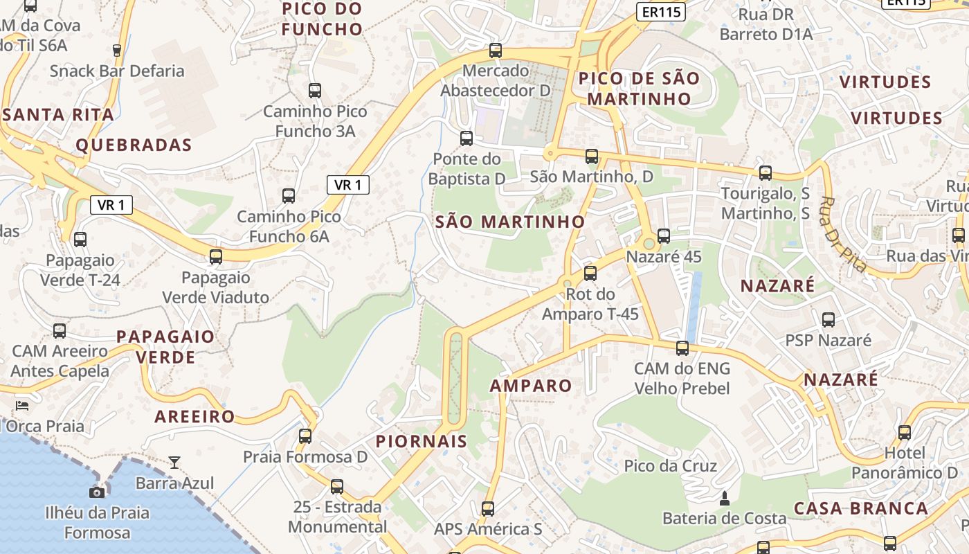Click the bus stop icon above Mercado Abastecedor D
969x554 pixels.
tap(495, 50)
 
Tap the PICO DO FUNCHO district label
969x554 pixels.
tap(323, 19)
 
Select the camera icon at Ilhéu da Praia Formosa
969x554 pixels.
tap(97, 492)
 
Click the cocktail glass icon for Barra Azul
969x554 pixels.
tap(174, 462)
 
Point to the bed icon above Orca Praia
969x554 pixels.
tap(22, 405)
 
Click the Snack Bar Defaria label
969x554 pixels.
tap(117, 71)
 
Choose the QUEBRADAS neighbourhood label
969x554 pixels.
tap(134, 145)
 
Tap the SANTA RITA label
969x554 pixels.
tap(58, 115)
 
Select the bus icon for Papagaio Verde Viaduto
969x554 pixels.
tap(216, 257)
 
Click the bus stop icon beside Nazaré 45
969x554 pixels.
tap(664, 235)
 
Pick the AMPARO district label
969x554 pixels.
tap(531, 386)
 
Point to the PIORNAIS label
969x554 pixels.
tap(422, 441)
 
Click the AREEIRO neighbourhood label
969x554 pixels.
tap(194, 417)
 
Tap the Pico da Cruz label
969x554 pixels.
tap(671, 465)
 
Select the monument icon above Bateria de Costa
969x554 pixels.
tap(725, 498)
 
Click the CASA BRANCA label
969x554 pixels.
tap(861, 508)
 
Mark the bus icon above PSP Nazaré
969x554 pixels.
tap(828, 319)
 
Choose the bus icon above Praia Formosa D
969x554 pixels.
tap(305, 436)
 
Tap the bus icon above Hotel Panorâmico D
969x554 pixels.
tap(905, 433)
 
